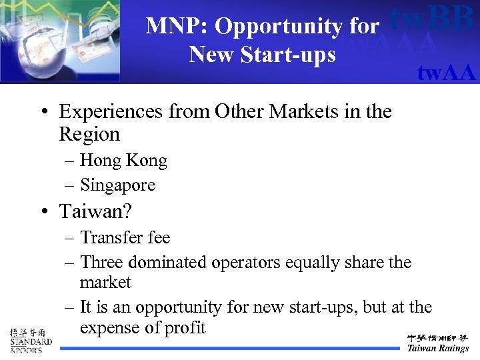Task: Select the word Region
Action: point(89,134)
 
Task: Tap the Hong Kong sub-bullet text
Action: point(123,161)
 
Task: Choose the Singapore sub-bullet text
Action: point(117,185)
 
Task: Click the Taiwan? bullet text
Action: point(95,211)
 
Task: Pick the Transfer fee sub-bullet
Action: point(125,237)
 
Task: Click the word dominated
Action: point(169,262)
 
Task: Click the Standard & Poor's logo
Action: point(30,340)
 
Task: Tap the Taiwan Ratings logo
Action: point(438,342)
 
